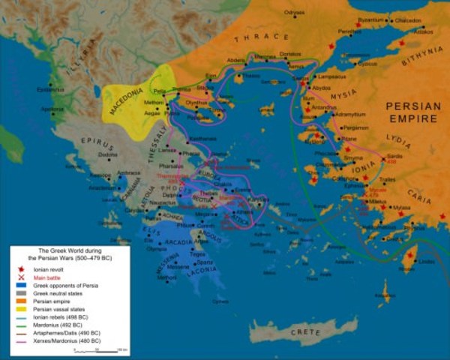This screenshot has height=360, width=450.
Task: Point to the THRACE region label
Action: point(261,37)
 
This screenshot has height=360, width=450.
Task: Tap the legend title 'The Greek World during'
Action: point(60,249)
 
